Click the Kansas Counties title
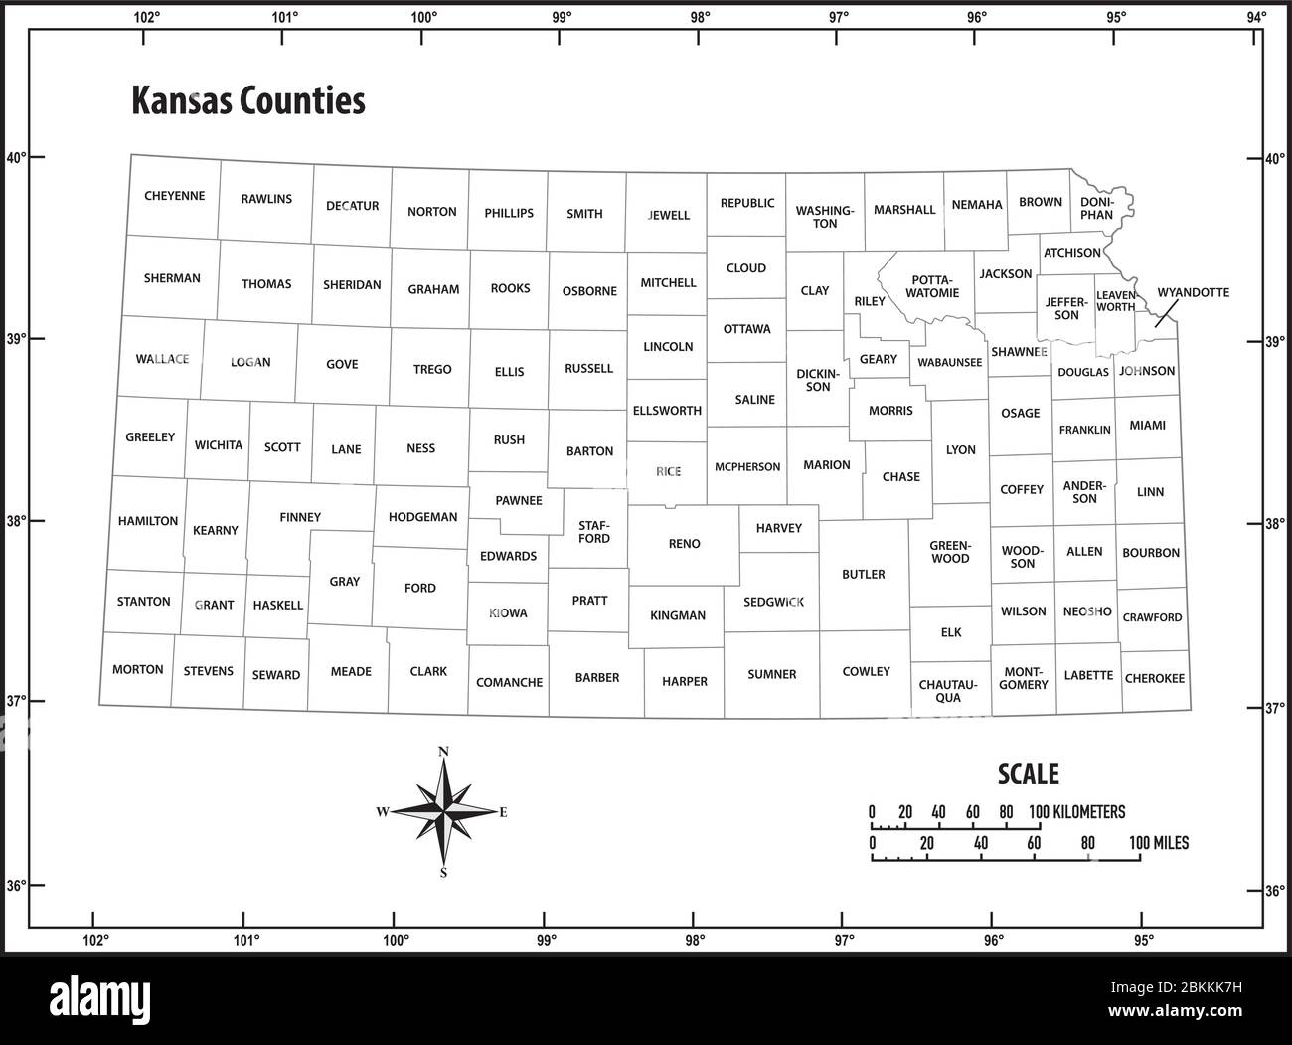pos(248,101)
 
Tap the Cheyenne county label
pos(174,196)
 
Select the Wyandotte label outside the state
pos(1193,292)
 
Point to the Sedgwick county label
pos(773,602)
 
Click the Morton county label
pos(137,669)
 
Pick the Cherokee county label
pos(1154,678)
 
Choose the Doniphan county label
pos(1096,208)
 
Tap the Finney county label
pos(300,517)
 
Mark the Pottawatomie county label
pos(933,286)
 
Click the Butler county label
pos(863,574)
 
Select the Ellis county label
pos(509,371)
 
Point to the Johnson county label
pos(1147,371)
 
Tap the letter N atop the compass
pos(443,752)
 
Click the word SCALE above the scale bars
pos(1028,774)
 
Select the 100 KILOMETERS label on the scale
pos(1076,812)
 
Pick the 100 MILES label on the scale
pos(1158,843)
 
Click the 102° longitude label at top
pos(146,16)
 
